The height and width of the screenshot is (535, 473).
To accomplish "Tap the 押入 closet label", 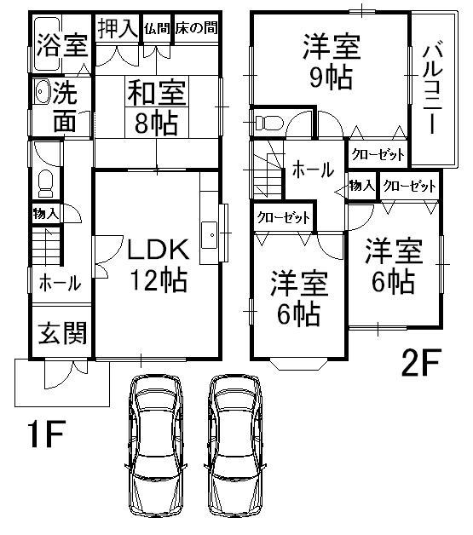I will [x=115, y=28].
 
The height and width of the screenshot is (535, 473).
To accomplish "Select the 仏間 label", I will [x=157, y=28].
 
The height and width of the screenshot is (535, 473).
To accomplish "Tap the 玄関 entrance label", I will [x=61, y=332].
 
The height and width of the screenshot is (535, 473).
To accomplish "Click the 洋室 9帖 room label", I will [x=331, y=61].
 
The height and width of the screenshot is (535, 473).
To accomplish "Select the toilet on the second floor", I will [x=268, y=121].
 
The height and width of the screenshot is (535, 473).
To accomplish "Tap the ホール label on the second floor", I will [x=313, y=170].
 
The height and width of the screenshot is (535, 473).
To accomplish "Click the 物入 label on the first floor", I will [x=46, y=214].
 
